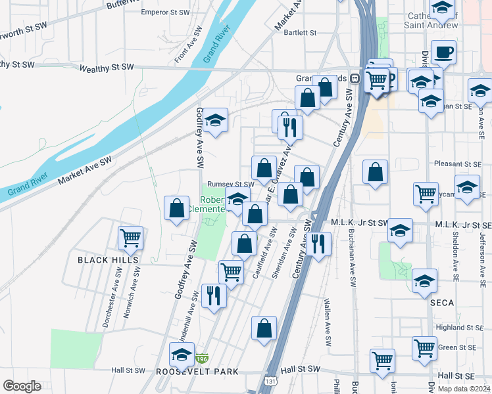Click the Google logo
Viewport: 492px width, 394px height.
pyautogui.click(x=22, y=386)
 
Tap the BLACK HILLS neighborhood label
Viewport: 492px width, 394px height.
pyautogui.click(x=109, y=260)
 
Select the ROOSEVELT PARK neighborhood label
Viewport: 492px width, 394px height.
pyautogui.click(x=197, y=372)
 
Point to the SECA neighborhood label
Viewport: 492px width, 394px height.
pyautogui.click(x=442, y=303)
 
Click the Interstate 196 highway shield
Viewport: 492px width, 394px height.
pyautogui.click(x=202, y=359)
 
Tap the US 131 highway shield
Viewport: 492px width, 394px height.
pyautogui.click(x=271, y=380)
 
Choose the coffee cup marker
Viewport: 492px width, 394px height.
pyautogui.click(x=443, y=52)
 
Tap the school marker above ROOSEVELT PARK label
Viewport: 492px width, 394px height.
pyautogui.click(x=182, y=355)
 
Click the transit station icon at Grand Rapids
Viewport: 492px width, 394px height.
pyautogui.click(x=355, y=77)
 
